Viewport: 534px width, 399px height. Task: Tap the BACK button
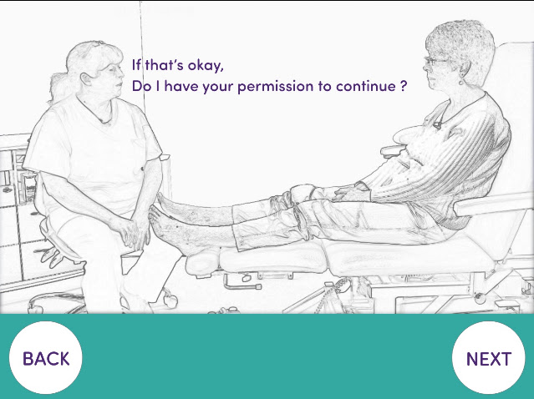coord(46,358)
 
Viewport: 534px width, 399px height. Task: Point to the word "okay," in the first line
coord(206,65)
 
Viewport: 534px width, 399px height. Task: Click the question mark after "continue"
coord(403,85)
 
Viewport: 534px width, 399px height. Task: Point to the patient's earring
coord(460,81)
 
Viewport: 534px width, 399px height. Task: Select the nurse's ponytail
coord(58,87)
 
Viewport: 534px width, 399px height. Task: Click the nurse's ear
coord(86,79)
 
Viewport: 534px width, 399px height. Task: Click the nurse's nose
coord(120,73)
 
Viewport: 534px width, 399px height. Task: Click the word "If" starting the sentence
coord(136,64)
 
